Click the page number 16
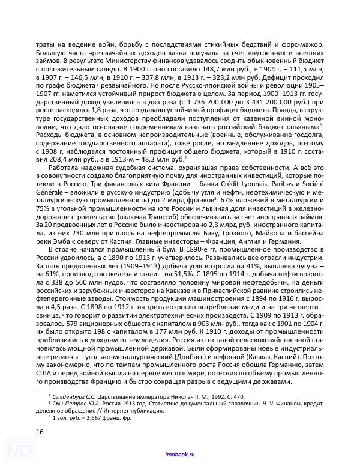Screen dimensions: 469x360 (40, 432)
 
